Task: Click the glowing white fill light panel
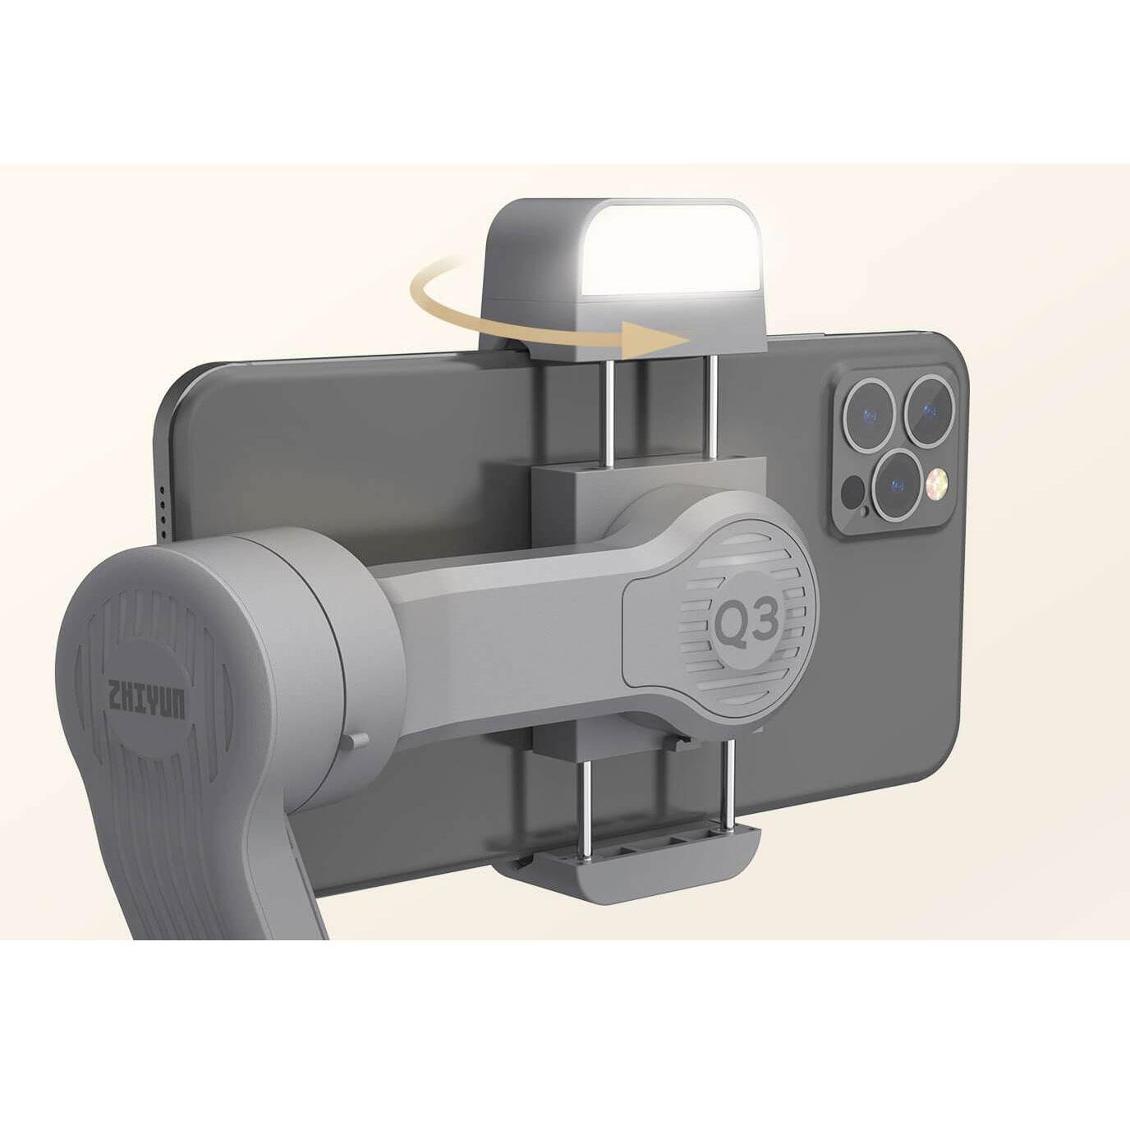pos(672,247)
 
